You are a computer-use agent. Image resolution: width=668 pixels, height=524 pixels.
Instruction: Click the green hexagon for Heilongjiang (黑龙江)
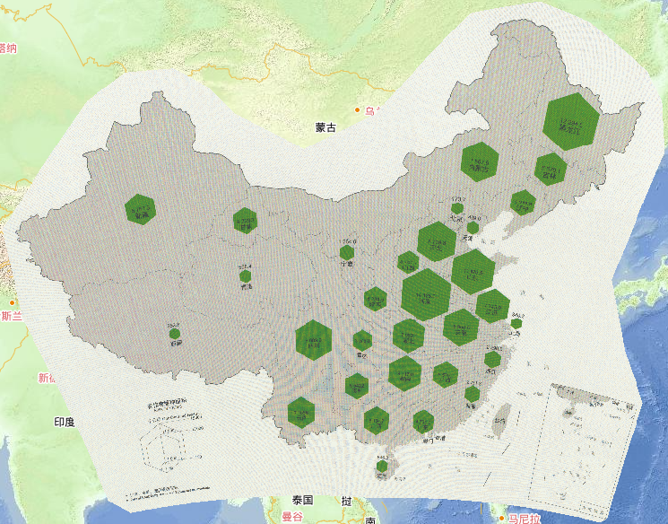point(570,120)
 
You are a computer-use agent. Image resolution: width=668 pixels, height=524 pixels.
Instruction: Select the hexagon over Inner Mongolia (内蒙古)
point(480,162)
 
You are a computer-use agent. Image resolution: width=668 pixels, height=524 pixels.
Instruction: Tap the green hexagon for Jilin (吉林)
point(551,168)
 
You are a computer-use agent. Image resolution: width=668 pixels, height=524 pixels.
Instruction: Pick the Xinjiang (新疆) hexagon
point(140,209)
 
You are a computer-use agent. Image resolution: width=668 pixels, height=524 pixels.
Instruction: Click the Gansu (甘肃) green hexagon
point(245,220)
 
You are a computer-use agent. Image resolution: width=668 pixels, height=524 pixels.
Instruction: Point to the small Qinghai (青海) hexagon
point(245,277)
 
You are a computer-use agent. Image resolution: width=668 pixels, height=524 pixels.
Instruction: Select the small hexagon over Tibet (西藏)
point(175,335)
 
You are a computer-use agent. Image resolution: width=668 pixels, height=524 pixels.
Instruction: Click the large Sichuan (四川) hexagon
point(314,340)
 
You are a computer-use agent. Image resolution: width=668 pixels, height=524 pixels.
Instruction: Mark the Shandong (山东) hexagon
point(473,271)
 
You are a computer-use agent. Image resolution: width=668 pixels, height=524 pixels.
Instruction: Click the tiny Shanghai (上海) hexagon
point(516,324)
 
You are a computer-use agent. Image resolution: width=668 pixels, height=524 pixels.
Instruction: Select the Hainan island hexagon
point(383,467)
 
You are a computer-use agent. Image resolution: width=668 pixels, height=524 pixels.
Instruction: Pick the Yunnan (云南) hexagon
point(301,412)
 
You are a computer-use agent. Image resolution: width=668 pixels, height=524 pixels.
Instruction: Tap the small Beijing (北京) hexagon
point(457,207)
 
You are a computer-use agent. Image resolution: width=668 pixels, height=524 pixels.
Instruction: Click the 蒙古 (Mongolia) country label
point(325,128)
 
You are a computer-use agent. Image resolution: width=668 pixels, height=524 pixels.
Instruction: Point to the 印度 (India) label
point(64,422)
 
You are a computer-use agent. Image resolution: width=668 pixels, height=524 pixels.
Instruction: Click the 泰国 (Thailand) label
point(301,501)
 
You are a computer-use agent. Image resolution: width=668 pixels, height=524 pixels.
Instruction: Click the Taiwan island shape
point(503,412)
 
